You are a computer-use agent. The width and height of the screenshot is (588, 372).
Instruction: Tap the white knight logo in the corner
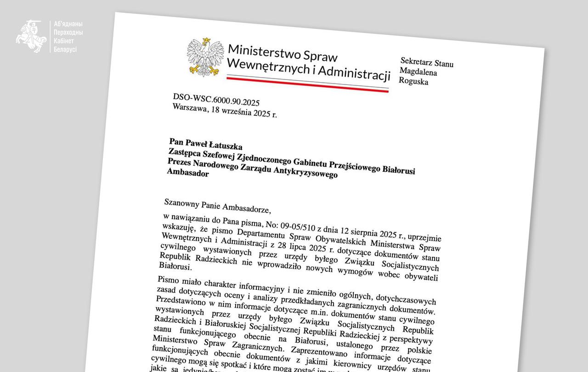[x=31, y=36]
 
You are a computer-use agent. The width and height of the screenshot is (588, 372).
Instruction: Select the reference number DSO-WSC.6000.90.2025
[x=216, y=100]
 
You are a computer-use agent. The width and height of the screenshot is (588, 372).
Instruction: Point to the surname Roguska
[x=413, y=82]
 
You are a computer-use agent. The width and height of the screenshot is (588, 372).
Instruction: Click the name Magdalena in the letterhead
[x=418, y=72]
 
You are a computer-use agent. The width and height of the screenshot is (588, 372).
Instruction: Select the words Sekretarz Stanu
[x=427, y=62]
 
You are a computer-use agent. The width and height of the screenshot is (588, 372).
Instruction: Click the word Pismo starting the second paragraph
[x=169, y=280]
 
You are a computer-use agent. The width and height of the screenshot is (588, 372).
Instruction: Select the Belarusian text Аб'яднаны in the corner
[x=68, y=24]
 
